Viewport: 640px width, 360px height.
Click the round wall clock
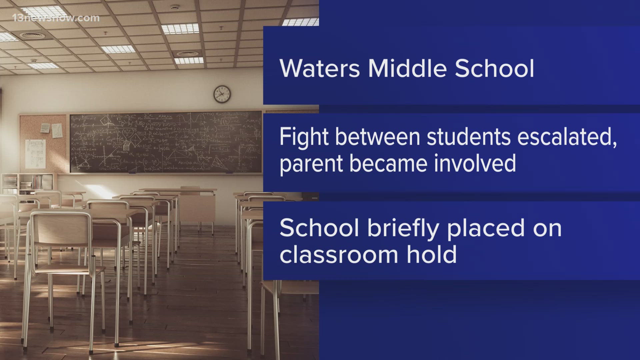click(222, 94)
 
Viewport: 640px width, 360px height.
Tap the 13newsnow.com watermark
click(56, 18)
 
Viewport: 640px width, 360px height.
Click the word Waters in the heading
click(320, 69)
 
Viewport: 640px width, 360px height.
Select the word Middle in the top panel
click(407, 69)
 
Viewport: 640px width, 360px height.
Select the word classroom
click(339, 255)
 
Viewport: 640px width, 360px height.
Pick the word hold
click(431, 255)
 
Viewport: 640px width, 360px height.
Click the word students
click(469, 137)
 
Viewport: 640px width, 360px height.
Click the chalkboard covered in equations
click(166, 142)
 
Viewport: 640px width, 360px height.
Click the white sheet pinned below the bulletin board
click(35, 154)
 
